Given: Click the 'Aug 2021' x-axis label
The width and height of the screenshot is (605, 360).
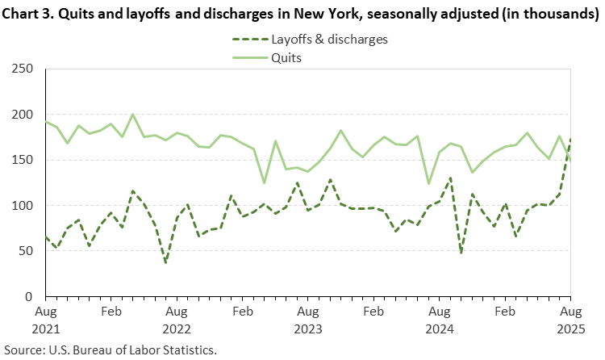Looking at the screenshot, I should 47,319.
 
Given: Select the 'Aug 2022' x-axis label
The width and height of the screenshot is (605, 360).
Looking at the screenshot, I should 177,319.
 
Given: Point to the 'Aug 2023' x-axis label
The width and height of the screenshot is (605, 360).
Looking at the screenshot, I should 307,319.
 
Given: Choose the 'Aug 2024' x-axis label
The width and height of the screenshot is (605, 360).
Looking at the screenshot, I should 440,319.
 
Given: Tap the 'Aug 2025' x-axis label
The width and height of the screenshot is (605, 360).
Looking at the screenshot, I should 570,319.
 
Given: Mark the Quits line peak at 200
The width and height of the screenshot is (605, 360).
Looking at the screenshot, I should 133,115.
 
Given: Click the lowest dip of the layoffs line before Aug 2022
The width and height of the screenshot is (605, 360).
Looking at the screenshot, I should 165,262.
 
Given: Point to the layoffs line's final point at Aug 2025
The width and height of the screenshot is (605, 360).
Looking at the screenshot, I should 570,139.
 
